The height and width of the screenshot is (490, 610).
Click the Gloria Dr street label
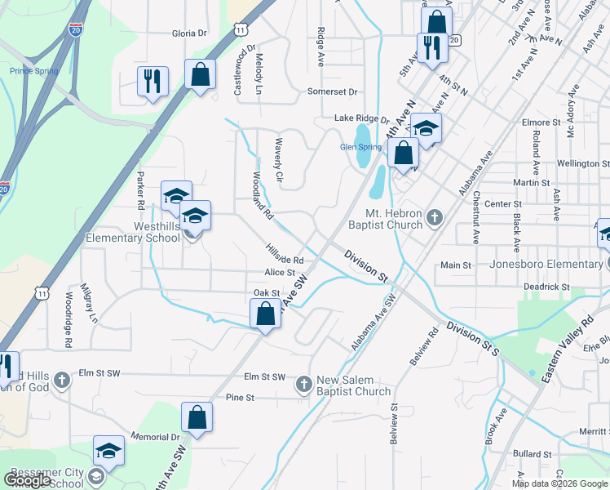(189, 33)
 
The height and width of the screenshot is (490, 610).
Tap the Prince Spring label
(33, 71)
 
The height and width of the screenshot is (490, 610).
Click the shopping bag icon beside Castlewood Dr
(200, 75)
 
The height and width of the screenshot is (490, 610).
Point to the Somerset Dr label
(333, 92)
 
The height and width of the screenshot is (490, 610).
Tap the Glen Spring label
(360, 147)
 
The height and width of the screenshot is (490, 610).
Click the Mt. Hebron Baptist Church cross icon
(435, 217)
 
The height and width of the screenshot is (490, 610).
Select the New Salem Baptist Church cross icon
(303, 383)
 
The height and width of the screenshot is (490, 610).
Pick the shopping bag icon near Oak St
(266, 314)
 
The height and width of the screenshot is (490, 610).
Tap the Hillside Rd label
(285, 254)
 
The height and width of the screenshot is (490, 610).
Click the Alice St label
(279, 273)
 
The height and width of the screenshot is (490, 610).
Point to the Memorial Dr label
(154, 438)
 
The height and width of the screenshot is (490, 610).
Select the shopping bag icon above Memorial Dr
(197, 417)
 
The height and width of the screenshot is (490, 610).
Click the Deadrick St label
(546, 287)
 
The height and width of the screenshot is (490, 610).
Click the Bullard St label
(532, 453)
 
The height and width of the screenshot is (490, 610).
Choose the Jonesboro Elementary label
(546, 264)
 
